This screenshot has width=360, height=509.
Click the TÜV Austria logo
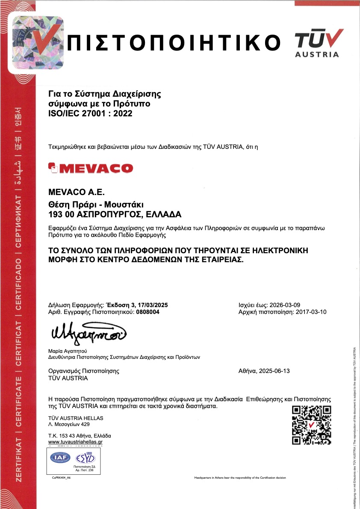(x=319, y=43)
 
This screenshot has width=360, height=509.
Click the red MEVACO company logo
(x=91, y=168)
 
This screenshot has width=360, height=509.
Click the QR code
(x=311, y=425)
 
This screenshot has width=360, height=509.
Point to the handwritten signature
(x=89, y=333)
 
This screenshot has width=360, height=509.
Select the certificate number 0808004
(x=148, y=312)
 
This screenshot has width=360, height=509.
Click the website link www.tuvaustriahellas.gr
(x=76, y=442)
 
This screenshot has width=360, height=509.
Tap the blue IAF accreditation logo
(x=60, y=458)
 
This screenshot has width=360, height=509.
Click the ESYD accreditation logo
(x=86, y=458)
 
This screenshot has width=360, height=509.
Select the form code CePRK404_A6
(x=61, y=477)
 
